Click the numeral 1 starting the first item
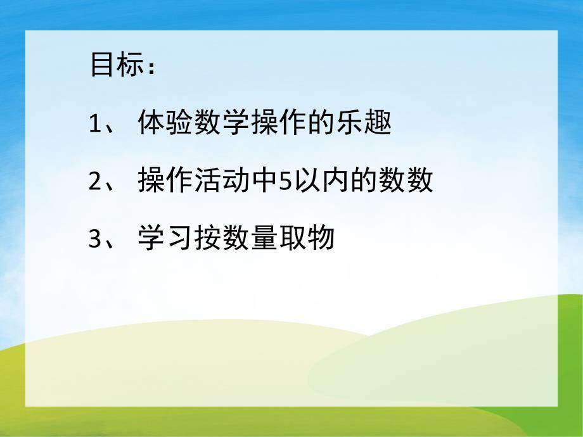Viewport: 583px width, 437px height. click(x=95, y=124)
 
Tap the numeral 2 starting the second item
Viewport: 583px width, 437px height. click(x=95, y=182)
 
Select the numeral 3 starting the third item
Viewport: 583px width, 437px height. click(x=95, y=240)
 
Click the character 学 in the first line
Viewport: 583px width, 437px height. click(x=236, y=124)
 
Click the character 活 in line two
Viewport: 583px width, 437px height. click(x=207, y=182)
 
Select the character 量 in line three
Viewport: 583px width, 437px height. click(x=264, y=240)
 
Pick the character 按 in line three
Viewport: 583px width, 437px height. click(x=207, y=240)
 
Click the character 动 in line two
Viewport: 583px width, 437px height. click(x=236, y=182)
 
